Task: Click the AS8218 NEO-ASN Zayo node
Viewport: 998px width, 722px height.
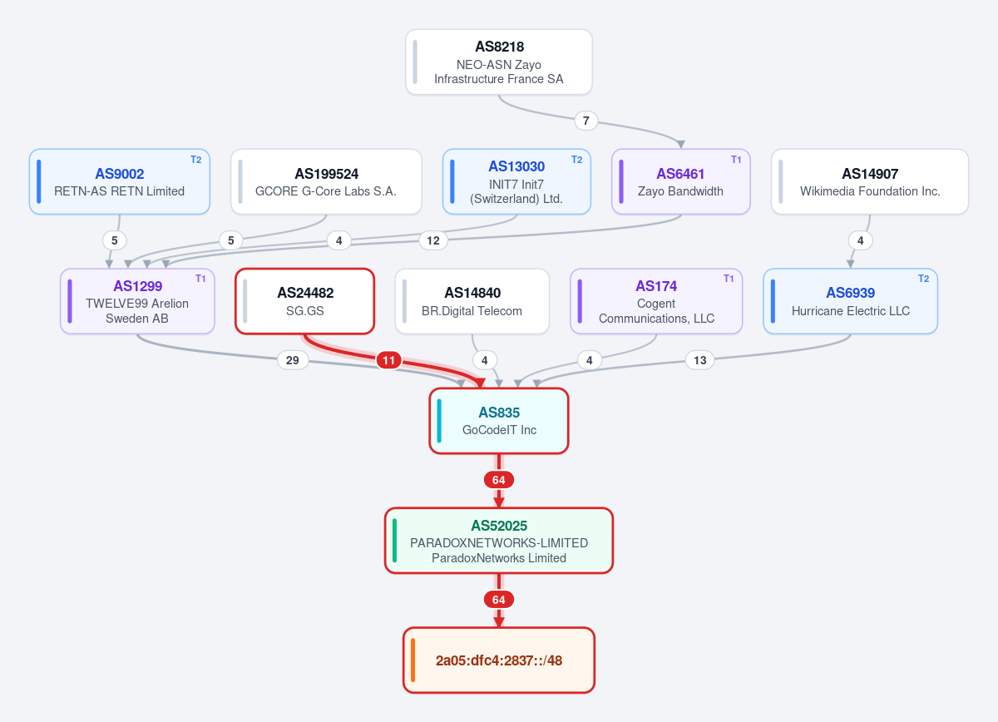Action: [498, 62]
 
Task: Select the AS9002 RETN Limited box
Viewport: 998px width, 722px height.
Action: [120, 181]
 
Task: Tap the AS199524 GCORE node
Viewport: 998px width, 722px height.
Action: [326, 181]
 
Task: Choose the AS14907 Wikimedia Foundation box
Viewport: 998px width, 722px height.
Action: [870, 181]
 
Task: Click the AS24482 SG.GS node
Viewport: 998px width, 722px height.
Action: [304, 301]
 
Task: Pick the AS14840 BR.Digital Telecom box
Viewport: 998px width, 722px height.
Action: [472, 301]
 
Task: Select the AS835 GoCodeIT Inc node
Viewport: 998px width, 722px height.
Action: [498, 421]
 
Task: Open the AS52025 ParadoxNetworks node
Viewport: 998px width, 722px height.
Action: [498, 540]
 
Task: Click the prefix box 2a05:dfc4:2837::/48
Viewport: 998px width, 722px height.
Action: [498, 660]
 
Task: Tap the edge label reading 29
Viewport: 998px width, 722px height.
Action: [292, 360]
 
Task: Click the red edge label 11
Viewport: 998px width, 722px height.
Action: [388, 360]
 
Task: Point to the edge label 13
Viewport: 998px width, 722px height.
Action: [699, 360]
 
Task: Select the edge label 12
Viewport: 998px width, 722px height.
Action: [433, 240]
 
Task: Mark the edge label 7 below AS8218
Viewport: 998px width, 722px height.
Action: [585, 121]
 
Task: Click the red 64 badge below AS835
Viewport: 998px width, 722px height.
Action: [498, 480]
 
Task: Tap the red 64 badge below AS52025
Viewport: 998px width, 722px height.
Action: [498, 600]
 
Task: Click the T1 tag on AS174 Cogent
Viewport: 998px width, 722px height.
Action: [729, 279]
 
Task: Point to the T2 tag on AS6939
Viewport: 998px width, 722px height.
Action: [924, 279]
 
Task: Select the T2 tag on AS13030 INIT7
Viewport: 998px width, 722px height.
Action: [576, 160]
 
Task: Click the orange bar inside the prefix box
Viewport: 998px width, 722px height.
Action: [413, 660]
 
